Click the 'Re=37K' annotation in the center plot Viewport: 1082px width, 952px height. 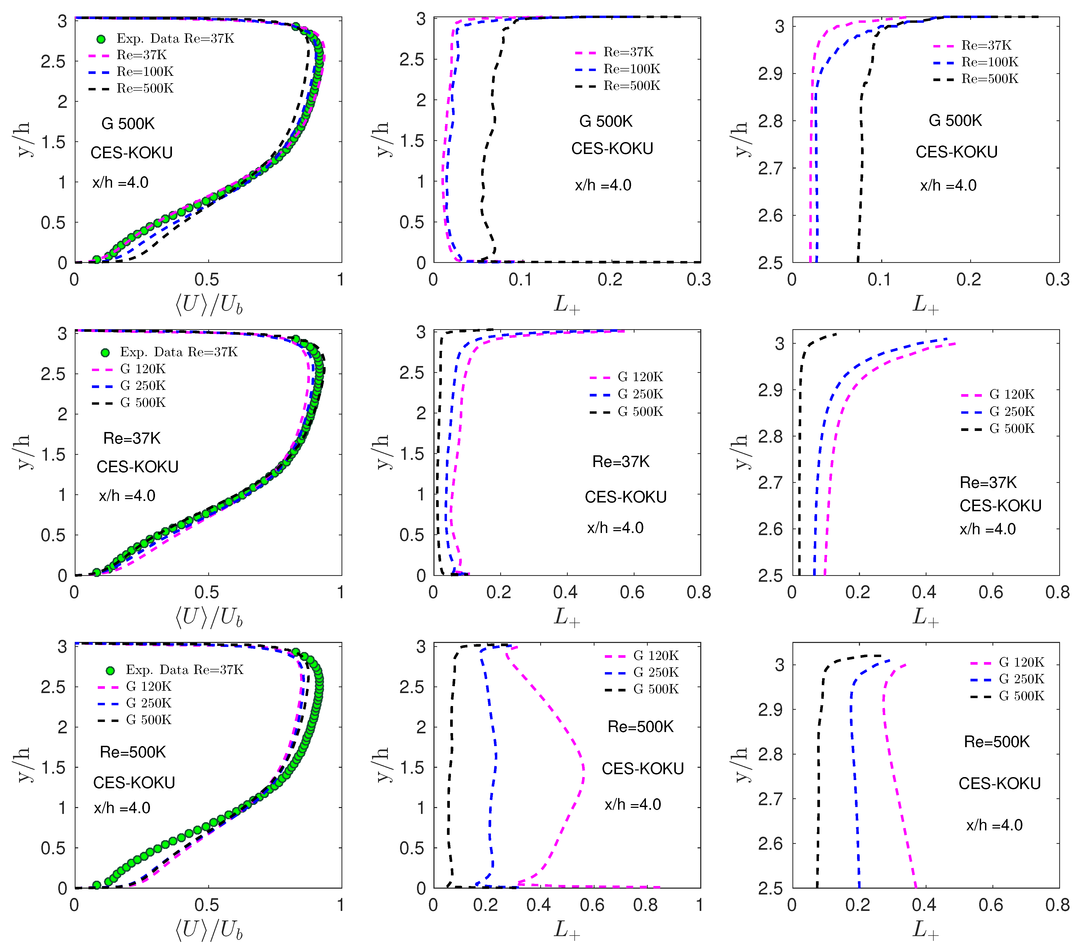(620, 462)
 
